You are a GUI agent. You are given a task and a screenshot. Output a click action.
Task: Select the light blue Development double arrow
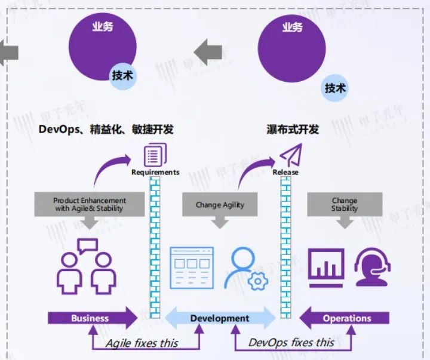[x=219, y=318]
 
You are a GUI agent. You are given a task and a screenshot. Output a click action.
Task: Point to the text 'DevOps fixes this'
[x=291, y=342]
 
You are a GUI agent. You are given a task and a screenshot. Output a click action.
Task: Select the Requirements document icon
[x=155, y=156]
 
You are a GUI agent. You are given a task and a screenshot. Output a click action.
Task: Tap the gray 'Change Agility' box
[x=220, y=205]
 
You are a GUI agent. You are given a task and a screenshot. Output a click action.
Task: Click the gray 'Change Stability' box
[x=345, y=205]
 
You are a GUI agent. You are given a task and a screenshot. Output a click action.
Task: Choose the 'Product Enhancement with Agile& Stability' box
[x=90, y=204]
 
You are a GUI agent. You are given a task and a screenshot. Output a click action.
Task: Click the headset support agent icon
[x=373, y=267]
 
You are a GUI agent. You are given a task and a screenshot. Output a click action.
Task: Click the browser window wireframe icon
[x=192, y=267]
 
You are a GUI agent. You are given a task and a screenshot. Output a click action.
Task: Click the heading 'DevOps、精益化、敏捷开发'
[x=106, y=129]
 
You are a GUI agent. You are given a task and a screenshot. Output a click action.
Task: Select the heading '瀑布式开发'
[x=293, y=129]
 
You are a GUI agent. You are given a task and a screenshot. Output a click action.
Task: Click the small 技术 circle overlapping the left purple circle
[x=123, y=76]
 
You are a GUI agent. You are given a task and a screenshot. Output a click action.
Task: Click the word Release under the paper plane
[x=285, y=173]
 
